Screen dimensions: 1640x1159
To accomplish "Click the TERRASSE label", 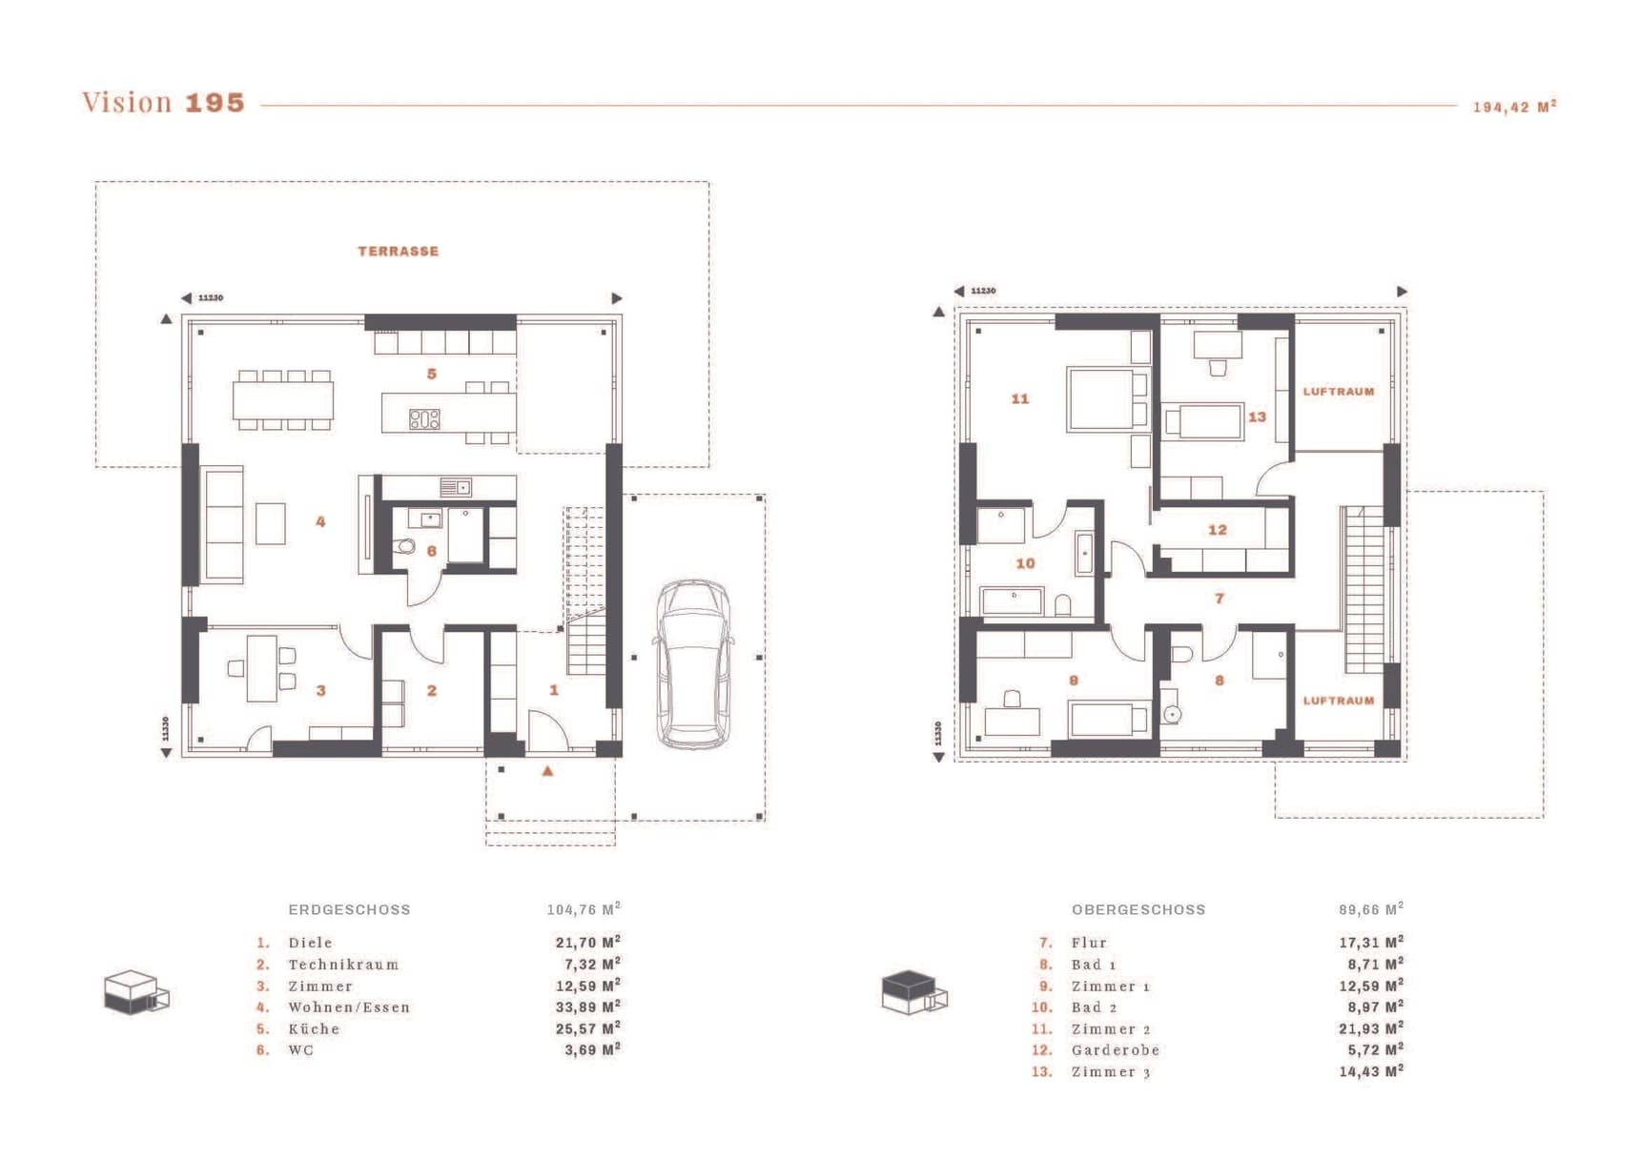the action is pos(399,252).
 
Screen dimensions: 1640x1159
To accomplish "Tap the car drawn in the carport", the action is pos(694,663).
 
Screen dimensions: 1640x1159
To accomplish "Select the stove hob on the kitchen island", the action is pos(424,418).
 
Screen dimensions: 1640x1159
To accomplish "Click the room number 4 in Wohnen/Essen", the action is pos(320,521).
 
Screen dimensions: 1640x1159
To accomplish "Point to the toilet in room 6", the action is pos(405,547).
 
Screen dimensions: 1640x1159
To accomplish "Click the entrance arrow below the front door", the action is pos(547,770).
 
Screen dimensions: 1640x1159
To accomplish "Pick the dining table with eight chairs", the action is pos(283,400).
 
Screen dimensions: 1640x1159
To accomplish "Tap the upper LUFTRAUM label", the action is pos(1339,392).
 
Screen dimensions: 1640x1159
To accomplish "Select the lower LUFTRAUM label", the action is pos(1339,701).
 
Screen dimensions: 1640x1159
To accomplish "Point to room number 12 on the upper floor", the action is pos(1218,530).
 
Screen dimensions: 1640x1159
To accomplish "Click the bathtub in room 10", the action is pos(1084,554).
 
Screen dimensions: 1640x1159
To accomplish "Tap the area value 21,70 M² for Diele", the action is pos(588,943).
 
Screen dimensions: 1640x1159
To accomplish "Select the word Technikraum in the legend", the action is pos(343,965).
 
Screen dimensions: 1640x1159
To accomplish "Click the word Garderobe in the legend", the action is pos(1116,1050).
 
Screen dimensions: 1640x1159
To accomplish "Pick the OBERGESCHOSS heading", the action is pos(1138,910).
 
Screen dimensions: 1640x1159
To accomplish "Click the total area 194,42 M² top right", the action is pos(1514,107).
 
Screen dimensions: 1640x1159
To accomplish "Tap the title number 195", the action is pos(215,103).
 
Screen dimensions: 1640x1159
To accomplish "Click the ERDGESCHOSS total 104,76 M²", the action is pos(584,909).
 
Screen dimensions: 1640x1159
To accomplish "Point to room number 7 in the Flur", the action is pos(1219,599).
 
